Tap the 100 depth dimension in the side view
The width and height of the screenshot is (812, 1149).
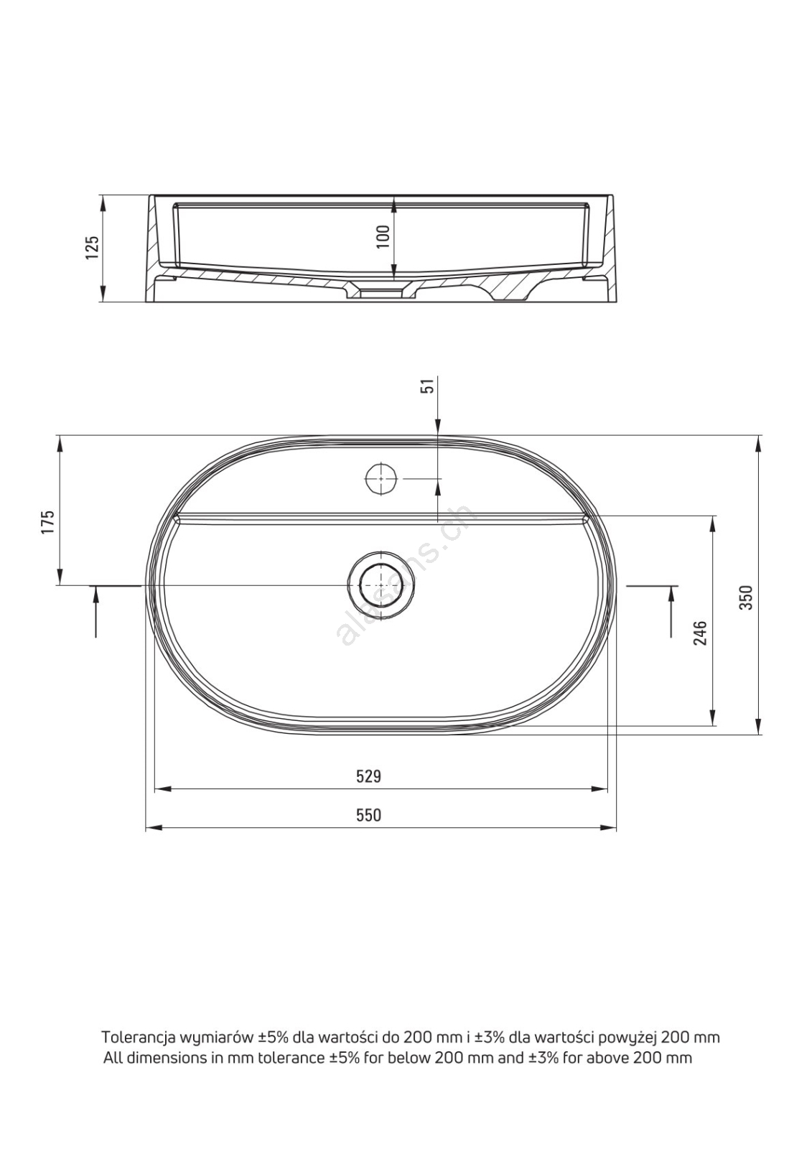pyautogui.click(x=383, y=236)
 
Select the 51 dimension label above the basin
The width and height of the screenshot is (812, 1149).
pyautogui.click(x=429, y=385)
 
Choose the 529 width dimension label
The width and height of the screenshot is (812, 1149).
pyautogui.click(x=369, y=776)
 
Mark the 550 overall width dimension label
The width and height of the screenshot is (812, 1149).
pyautogui.click(x=369, y=815)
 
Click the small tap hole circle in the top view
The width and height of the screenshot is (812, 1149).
pyautogui.click(x=382, y=478)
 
